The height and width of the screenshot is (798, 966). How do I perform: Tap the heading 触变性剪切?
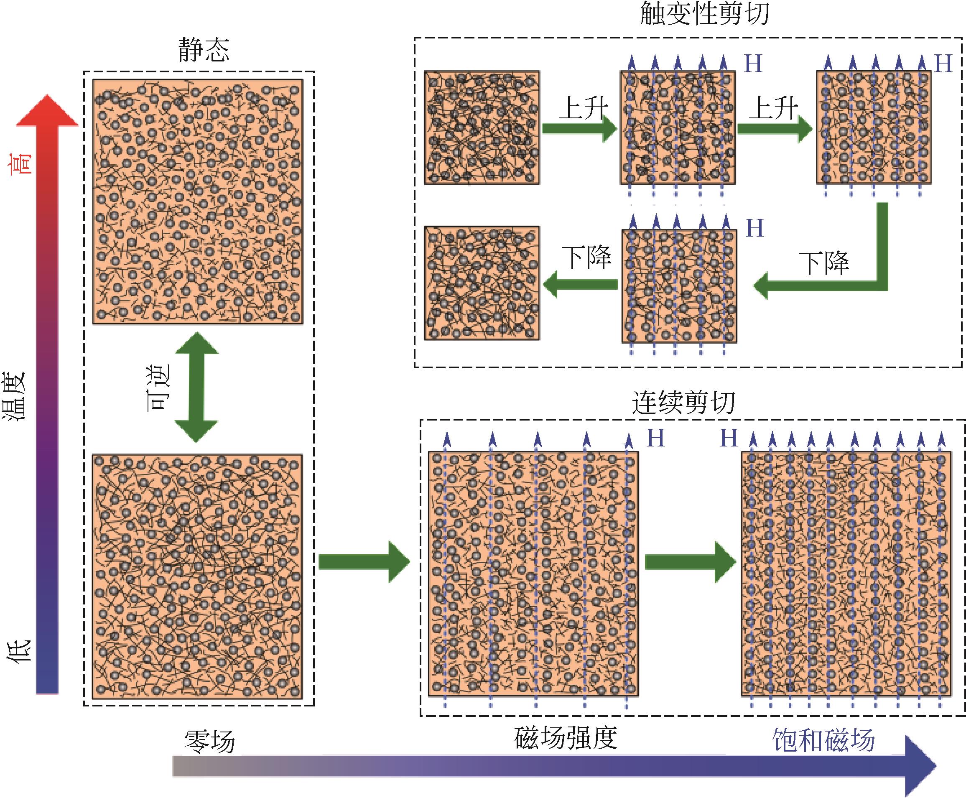click(x=704, y=14)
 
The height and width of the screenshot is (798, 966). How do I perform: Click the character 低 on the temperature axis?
click(x=18, y=651)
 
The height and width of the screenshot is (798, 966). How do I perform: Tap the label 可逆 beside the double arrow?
click(x=158, y=387)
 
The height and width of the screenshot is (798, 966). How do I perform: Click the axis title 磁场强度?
click(x=565, y=738)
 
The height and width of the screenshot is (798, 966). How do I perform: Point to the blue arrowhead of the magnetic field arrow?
click(x=919, y=766)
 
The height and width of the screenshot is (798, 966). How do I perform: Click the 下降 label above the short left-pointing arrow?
click(x=586, y=258)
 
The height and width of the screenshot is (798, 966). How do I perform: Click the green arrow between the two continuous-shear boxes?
click(x=690, y=562)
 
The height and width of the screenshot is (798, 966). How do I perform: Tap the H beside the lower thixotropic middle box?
click(x=754, y=229)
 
